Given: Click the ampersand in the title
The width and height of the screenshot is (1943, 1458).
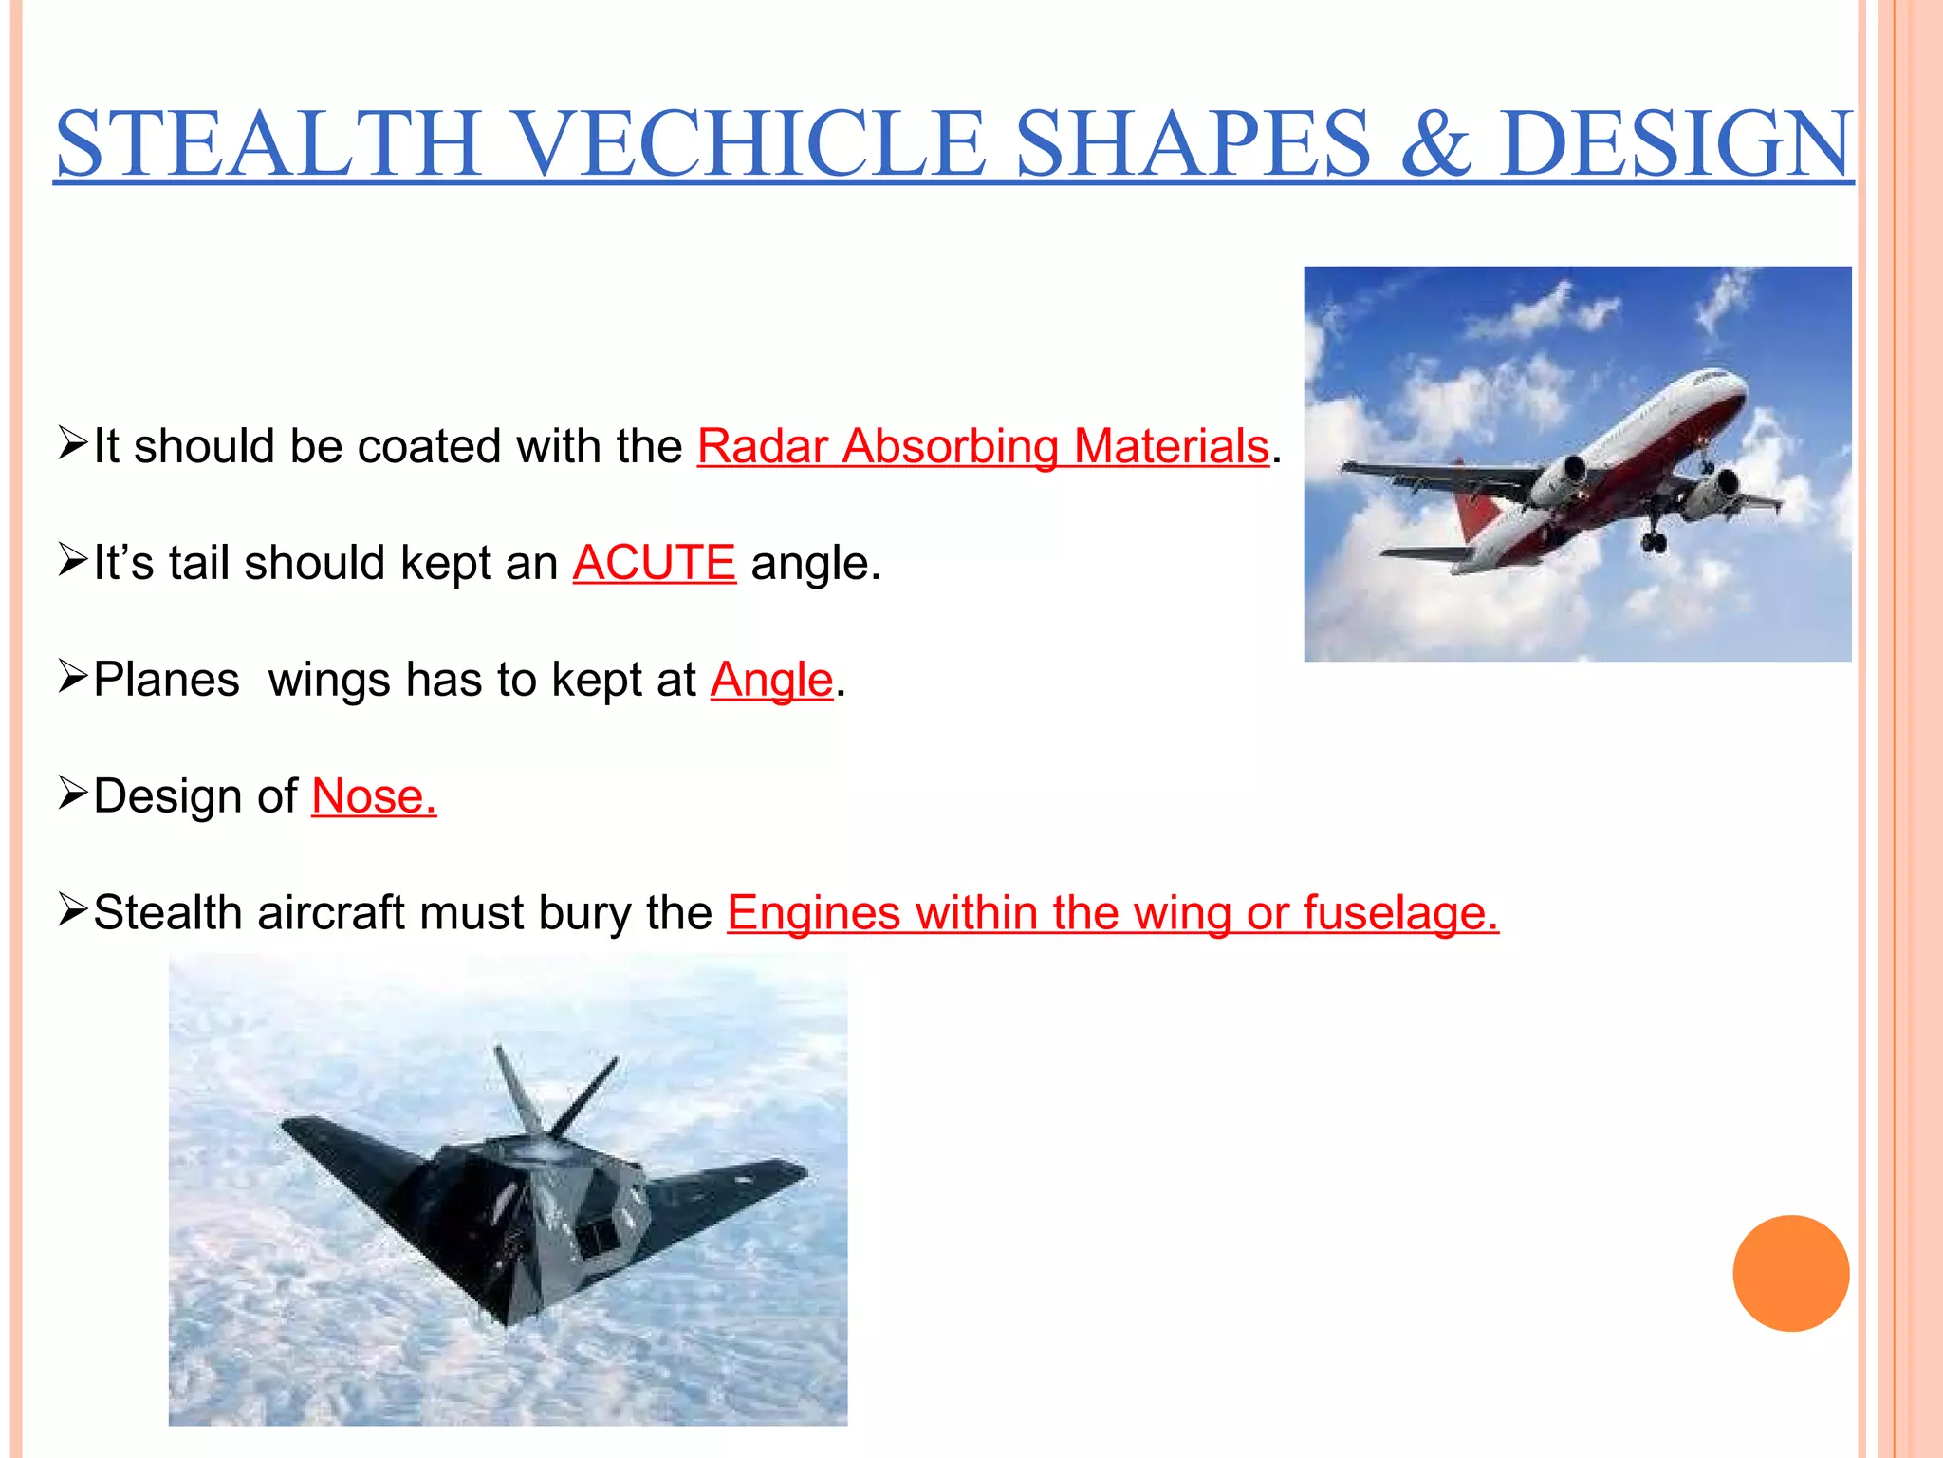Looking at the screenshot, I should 1435,144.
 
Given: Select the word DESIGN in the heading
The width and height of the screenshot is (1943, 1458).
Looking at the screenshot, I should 1675,144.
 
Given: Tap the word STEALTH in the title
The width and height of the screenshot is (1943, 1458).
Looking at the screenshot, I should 268,144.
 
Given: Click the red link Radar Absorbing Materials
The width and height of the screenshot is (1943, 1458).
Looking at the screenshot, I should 983,446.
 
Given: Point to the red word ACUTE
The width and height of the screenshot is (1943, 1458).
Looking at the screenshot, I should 654,563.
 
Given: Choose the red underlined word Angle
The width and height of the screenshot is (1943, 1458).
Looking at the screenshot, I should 771,680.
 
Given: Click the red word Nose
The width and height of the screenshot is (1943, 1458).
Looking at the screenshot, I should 374,795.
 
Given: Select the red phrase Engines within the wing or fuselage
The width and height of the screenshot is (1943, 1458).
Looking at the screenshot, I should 1112,912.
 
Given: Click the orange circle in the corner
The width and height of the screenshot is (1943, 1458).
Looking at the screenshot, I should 1790,1273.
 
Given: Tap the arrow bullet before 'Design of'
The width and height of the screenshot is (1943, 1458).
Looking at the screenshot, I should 72,793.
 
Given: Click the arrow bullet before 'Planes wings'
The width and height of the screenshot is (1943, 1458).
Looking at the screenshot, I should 72,676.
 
